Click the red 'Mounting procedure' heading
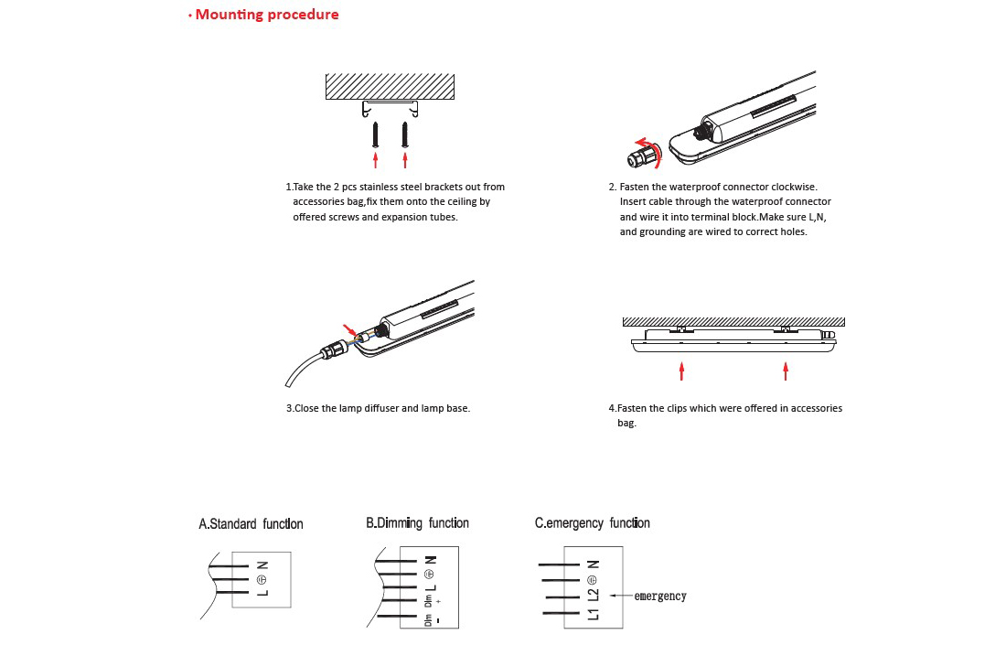[x=267, y=15]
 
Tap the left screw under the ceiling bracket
[x=375, y=134]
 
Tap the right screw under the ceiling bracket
[x=404, y=134]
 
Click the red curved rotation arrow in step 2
[x=649, y=145]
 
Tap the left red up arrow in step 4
[x=682, y=370]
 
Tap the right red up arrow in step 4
[x=786, y=370]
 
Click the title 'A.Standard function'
[x=251, y=524]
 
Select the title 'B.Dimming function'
[x=417, y=523]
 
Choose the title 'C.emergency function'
[x=592, y=523]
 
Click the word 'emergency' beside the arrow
[x=659, y=597]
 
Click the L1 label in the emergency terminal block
[x=593, y=612]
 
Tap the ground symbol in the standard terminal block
[x=262, y=579]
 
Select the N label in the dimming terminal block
[x=431, y=559]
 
